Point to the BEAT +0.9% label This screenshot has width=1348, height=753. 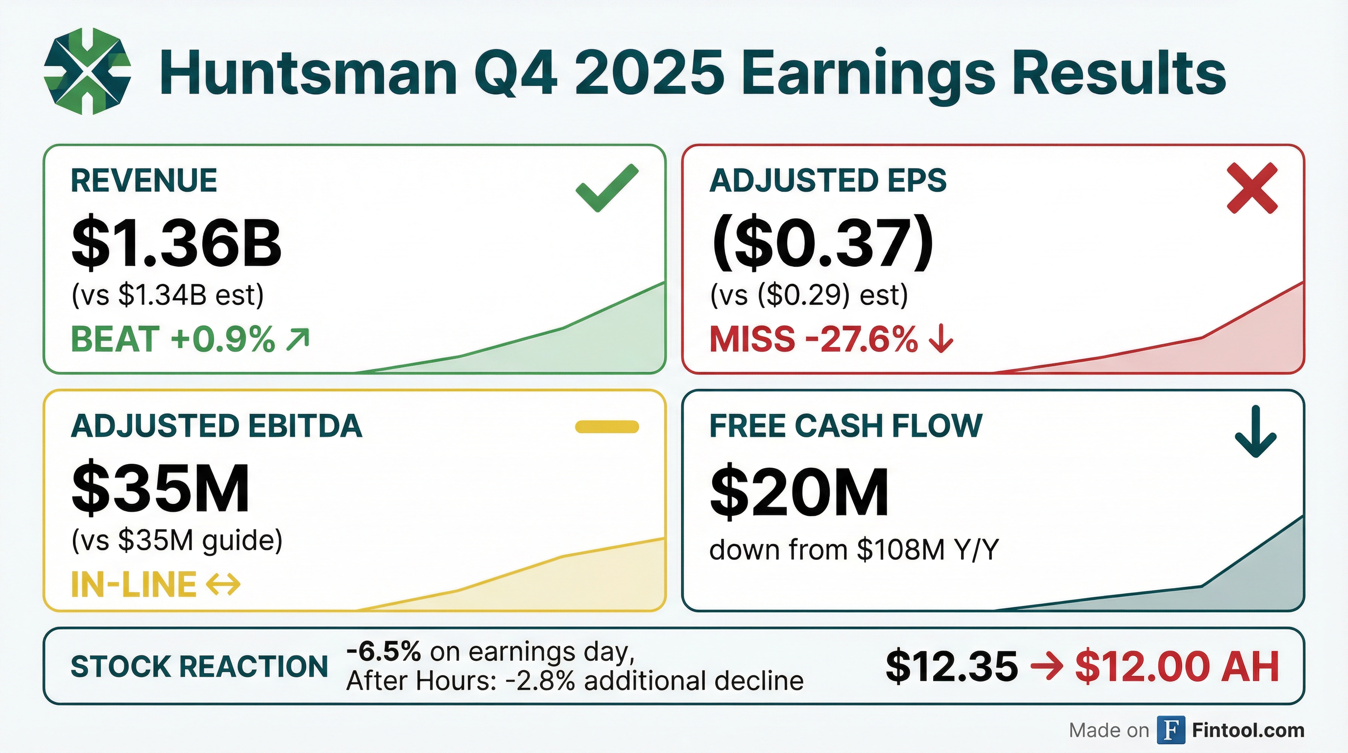click(x=173, y=339)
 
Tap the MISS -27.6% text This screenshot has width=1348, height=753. click(x=813, y=339)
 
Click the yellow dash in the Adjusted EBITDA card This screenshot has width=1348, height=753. click(x=606, y=427)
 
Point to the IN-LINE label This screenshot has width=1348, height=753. click(x=133, y=584)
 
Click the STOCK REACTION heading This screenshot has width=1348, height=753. click(x=199, y=667)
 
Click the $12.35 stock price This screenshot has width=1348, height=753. click(x=952, y=667)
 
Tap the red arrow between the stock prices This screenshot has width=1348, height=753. click(x=1047, y=667)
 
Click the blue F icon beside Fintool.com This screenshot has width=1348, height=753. click(x=1170, y=730)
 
